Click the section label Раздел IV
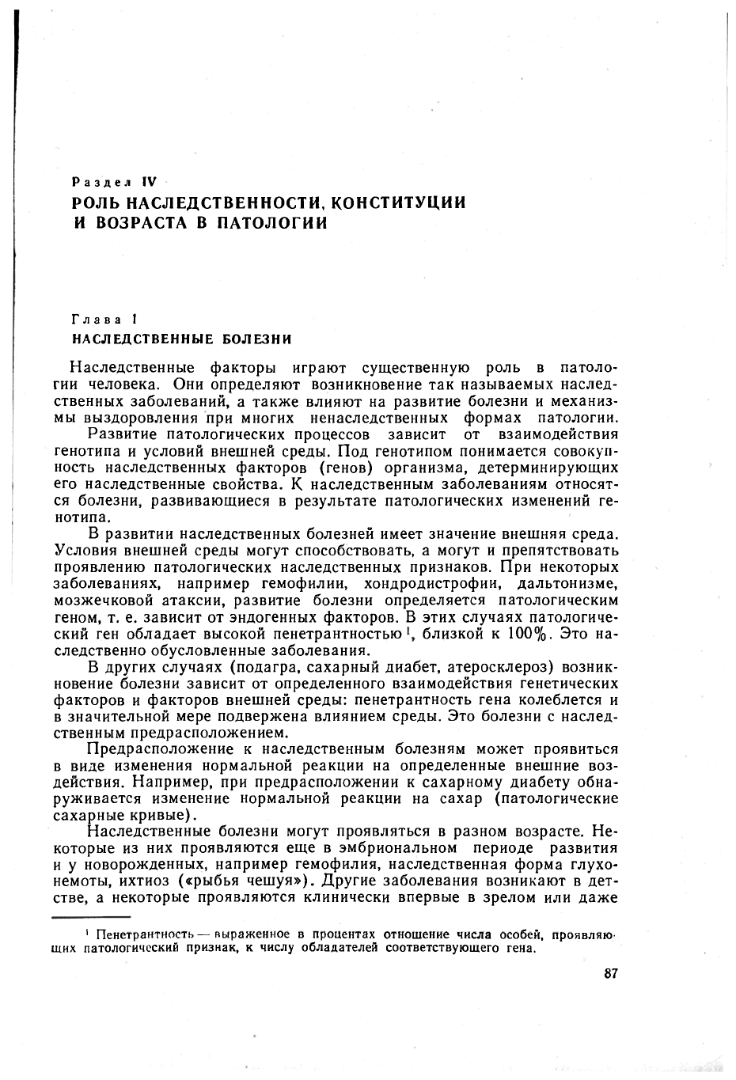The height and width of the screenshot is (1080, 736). point(116,183)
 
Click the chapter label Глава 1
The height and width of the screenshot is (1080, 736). point(105,320)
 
